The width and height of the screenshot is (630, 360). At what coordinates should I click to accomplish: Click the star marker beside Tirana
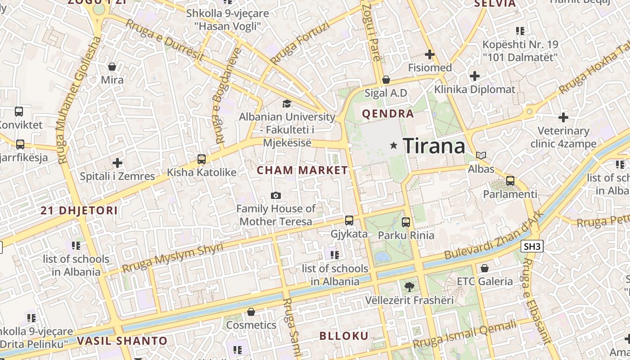[394, 145]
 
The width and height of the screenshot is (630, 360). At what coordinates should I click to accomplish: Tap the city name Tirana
[434, 146]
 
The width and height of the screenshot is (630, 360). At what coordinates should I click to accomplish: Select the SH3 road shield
[532, 246]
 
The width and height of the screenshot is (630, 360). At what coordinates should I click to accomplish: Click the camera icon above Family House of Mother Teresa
[276, 195]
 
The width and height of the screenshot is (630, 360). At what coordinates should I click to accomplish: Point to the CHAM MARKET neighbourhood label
[302, 170]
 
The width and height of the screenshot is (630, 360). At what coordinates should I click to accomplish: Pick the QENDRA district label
[388, 113]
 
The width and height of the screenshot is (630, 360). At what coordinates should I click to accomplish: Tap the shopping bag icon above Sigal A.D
[386, 80]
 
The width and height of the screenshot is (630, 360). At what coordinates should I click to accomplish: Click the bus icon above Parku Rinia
[406, 222]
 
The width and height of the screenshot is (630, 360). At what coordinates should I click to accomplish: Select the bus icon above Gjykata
[349, 220]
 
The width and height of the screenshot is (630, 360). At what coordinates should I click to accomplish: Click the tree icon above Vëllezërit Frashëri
[409, 287]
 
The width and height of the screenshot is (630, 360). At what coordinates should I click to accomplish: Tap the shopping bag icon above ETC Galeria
[485, 268]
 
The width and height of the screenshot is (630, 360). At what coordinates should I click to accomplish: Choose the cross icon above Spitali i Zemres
[117, 162]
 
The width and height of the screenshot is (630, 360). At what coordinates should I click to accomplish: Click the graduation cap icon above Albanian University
[287, 104]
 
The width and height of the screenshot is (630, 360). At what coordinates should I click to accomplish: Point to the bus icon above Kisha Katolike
[202, 159]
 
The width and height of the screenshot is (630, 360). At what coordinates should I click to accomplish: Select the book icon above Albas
[481, 156]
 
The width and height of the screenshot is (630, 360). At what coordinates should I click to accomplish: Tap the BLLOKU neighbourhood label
[344, 336]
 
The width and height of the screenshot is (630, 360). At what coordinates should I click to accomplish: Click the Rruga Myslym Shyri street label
[173, 258]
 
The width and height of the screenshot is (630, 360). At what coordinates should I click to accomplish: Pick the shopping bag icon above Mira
[112, 67]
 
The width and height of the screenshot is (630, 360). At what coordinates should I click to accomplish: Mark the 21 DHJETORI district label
[79, 210]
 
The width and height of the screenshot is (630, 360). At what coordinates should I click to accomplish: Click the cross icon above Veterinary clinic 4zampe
[563, 118]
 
